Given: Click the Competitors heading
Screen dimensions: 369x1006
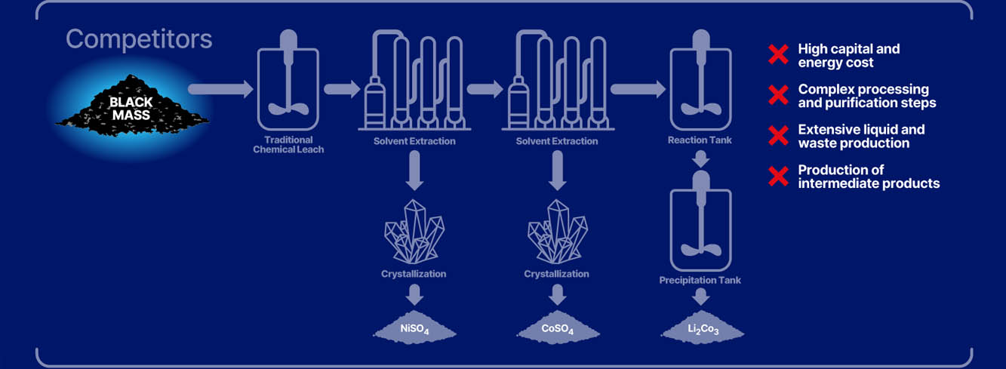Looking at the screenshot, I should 138,39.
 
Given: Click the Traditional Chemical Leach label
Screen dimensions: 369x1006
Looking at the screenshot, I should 294,145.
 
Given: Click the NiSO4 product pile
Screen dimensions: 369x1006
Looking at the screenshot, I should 414,328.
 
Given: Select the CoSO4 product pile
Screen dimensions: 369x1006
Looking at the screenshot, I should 557,328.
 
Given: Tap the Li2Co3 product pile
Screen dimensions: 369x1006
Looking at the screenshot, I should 702,328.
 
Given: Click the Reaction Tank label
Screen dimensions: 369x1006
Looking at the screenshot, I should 700,140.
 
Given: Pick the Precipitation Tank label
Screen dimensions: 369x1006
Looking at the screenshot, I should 700,280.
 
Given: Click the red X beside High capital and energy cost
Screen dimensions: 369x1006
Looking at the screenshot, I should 778,55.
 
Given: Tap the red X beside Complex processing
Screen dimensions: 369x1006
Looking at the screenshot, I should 778,96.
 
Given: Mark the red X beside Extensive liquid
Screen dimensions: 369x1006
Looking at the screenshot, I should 778,137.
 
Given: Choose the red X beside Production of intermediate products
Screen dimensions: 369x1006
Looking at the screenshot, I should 778,177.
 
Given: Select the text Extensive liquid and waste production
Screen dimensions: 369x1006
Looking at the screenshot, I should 861,137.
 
